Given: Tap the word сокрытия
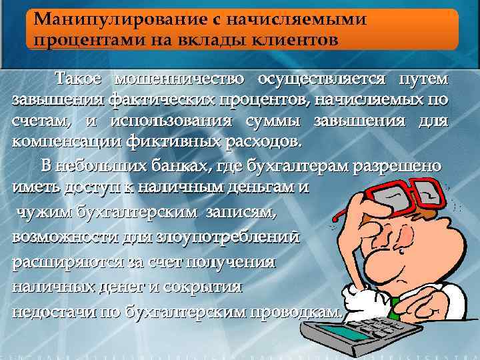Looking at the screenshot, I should pyautogui.click(x=211, y=287).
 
